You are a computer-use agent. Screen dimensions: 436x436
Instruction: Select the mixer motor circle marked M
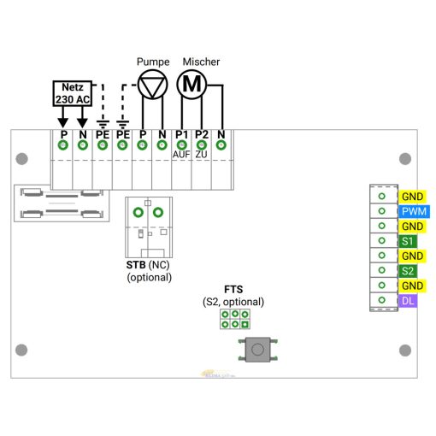pyautogui.click(x=191, y=84)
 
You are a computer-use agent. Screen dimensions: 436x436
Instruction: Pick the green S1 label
pyautogui.click(x=408, y=241)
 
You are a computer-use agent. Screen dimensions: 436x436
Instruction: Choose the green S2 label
pyautogui.click(x=408, y=271)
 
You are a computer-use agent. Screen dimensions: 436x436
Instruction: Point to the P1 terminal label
pyautogui.click(x=181, y=134)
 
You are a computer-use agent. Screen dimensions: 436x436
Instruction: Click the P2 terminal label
pyautogui.click(x=202, y=134)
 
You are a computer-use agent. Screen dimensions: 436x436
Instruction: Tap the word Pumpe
pyautogui.click(x=153, y=62)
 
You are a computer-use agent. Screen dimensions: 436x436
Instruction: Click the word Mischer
pyautogui.click(x=201, y=62)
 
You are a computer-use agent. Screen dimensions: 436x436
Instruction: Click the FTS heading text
pyautogui.click(x=233, y=290)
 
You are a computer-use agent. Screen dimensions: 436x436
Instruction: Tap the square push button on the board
pyautogui.click(x=257, y=348)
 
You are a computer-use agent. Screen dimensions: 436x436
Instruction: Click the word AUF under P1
pyautogui.click(x=181, y=155)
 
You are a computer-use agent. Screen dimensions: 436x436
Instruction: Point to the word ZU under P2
pyautogui.click(x=202, y=155)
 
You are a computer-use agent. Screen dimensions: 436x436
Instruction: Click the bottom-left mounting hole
pyautogui.click(x=22, y=349)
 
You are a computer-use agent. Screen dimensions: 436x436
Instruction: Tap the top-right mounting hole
pyautogui.click(x=404, y=158)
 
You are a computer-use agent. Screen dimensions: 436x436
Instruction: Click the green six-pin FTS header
pyautogui.click(x=234, y=319)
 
